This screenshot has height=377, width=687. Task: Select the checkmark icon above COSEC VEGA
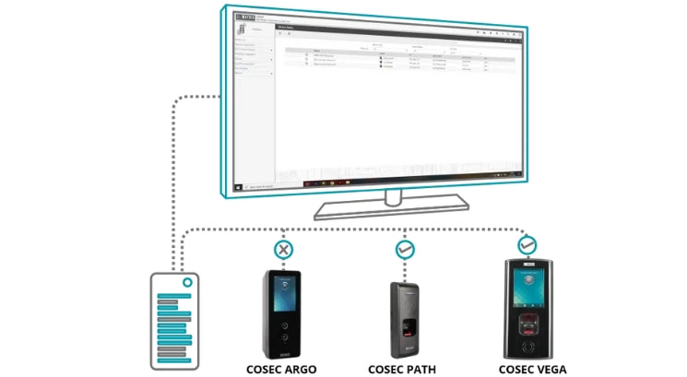coord(527,244)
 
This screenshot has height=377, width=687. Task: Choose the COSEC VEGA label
coord(529,370)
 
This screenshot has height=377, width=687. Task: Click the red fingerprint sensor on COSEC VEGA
coord(528,323)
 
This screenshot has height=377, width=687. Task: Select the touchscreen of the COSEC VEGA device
coord(528,289)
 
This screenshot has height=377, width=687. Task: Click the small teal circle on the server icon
coord(185,282)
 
